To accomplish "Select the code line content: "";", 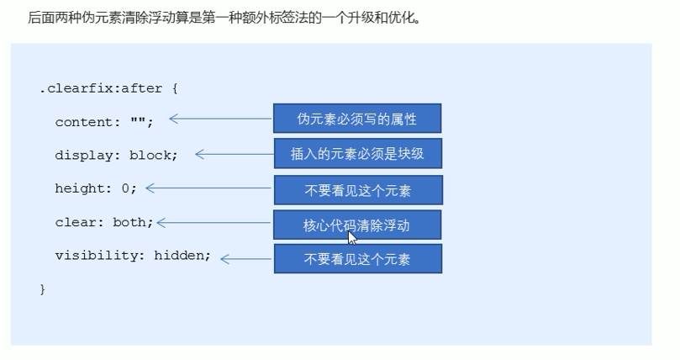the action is coord(104,121).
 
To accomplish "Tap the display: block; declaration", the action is coord(116,155).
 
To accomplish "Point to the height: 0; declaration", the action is coord(96,188).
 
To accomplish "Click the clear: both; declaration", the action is coord(104,222).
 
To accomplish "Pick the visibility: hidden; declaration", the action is coord(133,256).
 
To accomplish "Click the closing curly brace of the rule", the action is coord(42,289).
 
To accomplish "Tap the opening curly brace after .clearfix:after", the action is coord(174,87).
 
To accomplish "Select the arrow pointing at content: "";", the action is coord(220,119).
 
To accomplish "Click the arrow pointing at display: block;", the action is coord(234,154).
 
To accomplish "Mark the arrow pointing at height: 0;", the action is coord(208,188).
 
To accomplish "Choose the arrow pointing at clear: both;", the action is coord(214,222).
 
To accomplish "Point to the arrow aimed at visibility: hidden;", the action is coord(246,258).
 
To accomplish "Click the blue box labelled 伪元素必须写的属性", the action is coord(357,119).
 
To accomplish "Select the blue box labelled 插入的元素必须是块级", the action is coord(357,154).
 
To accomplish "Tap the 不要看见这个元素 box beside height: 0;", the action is coord(357,190).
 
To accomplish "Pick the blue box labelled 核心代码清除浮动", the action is coord(357,225).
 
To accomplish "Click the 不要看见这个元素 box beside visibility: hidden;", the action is coord(357,259).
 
